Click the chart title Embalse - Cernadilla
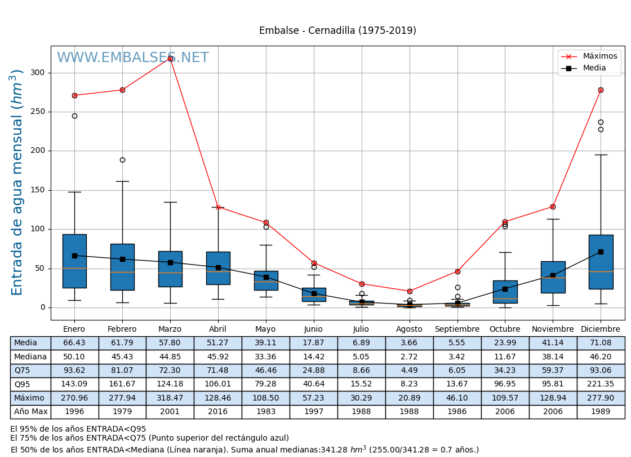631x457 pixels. [337, 31]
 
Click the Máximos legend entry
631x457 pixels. [599, 56]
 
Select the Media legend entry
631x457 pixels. [594, 68]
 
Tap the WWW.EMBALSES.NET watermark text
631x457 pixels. [132, 58]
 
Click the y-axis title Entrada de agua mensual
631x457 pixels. [17, 182]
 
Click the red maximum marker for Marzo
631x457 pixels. [170, 58]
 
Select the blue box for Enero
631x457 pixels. [74, 261]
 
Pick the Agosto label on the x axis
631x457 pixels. [409, 329]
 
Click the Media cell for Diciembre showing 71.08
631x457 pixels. [601, 343]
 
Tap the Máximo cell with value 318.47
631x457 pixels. [170, 398]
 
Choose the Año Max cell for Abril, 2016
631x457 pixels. [218, 412]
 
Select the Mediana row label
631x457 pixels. [30, 357]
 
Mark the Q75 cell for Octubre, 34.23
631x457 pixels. [505, 371]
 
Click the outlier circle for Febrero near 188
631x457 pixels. [122, 160]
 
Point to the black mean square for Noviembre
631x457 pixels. [553, 275]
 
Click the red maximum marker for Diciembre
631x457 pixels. [601, 90]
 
